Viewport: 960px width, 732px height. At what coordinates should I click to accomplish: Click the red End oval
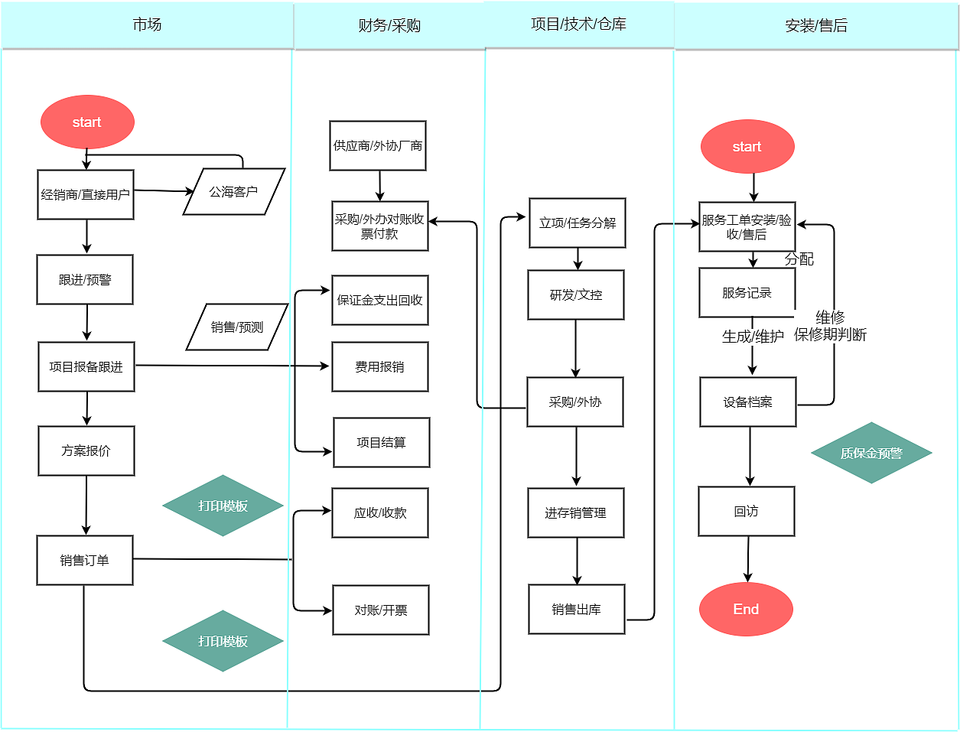point(746,609)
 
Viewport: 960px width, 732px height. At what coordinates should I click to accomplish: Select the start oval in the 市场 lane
point(87,122)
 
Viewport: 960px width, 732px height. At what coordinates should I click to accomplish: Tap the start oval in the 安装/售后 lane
point(747,147)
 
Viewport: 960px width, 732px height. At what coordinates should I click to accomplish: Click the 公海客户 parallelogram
point(234,192)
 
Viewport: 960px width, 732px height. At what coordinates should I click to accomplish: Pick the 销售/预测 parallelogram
point(237,327)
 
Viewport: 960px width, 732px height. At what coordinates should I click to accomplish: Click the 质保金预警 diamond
point(871,453)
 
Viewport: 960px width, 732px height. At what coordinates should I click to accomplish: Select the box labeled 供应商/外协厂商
point(378,145)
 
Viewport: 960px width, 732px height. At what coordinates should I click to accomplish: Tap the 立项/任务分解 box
point(578,223)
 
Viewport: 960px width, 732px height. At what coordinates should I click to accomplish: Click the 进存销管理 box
point(576,512)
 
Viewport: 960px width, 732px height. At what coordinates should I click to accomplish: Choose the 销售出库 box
point(577,609)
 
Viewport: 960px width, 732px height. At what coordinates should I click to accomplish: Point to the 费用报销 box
point(380,366)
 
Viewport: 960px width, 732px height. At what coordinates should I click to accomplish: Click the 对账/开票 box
point(381,610)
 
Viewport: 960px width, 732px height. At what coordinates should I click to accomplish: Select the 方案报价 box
point(86,451)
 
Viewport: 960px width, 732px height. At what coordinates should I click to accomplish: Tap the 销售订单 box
point(85,560)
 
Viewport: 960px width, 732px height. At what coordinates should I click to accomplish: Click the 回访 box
point(747,511)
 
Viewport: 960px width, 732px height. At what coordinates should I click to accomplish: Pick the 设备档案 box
point(748,402)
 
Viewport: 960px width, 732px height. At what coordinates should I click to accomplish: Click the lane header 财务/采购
point(389,26)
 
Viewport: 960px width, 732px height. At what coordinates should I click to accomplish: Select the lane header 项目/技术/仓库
point(578,24)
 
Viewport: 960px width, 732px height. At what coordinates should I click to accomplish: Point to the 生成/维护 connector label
point(753,337)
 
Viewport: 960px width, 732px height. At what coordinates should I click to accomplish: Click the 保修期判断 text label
point(830,335)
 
